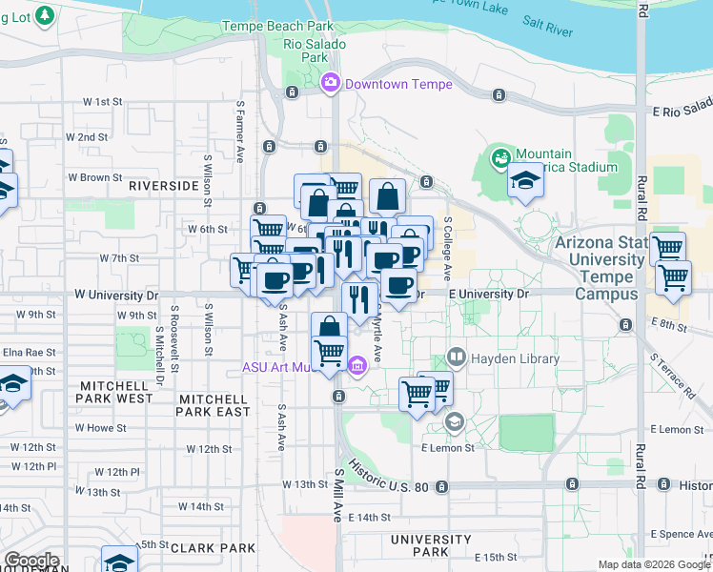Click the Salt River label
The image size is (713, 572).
547,26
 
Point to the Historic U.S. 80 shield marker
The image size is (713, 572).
442,487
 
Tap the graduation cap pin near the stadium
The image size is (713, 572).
524,181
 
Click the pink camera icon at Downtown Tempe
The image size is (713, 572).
331,83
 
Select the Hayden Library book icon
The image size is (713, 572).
456,358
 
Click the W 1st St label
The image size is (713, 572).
104,101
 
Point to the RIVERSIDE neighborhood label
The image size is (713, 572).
163,185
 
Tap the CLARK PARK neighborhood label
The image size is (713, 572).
213,548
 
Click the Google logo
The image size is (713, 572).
32,561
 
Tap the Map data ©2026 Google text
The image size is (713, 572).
653,564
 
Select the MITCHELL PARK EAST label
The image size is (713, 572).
214,405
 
